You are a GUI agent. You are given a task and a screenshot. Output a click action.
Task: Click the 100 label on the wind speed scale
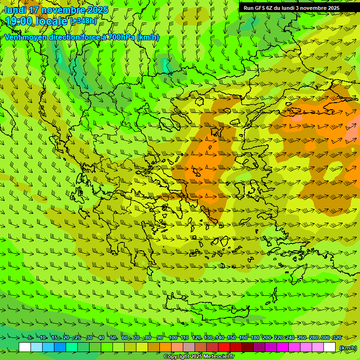pyautogui.click(x=173, y=337)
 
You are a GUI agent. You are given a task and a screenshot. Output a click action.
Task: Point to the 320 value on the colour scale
pyautogui.click(x=337, y=337)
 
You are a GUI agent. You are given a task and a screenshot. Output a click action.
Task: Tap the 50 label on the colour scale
pyautogui.click(x=113, y=337)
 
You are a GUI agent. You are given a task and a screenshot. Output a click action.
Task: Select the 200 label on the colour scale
pyautogui.click(x=267, y=337)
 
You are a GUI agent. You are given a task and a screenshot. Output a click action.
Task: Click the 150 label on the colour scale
pyautogui.click(x=232, y=337)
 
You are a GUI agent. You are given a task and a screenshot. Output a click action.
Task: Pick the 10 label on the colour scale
pyautogui.click(x=43, y=337)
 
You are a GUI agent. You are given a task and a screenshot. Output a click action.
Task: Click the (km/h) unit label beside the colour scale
pyautogui.click(x=348, y=348)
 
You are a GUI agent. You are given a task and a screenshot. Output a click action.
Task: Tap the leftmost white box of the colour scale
pyautogui.click(x=25, y=347)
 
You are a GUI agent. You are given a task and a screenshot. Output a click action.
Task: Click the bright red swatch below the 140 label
pyautogui.click(x=224, y=347)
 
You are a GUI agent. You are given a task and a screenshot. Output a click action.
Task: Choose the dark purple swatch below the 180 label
pyautogui.click(x=259, y=347)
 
